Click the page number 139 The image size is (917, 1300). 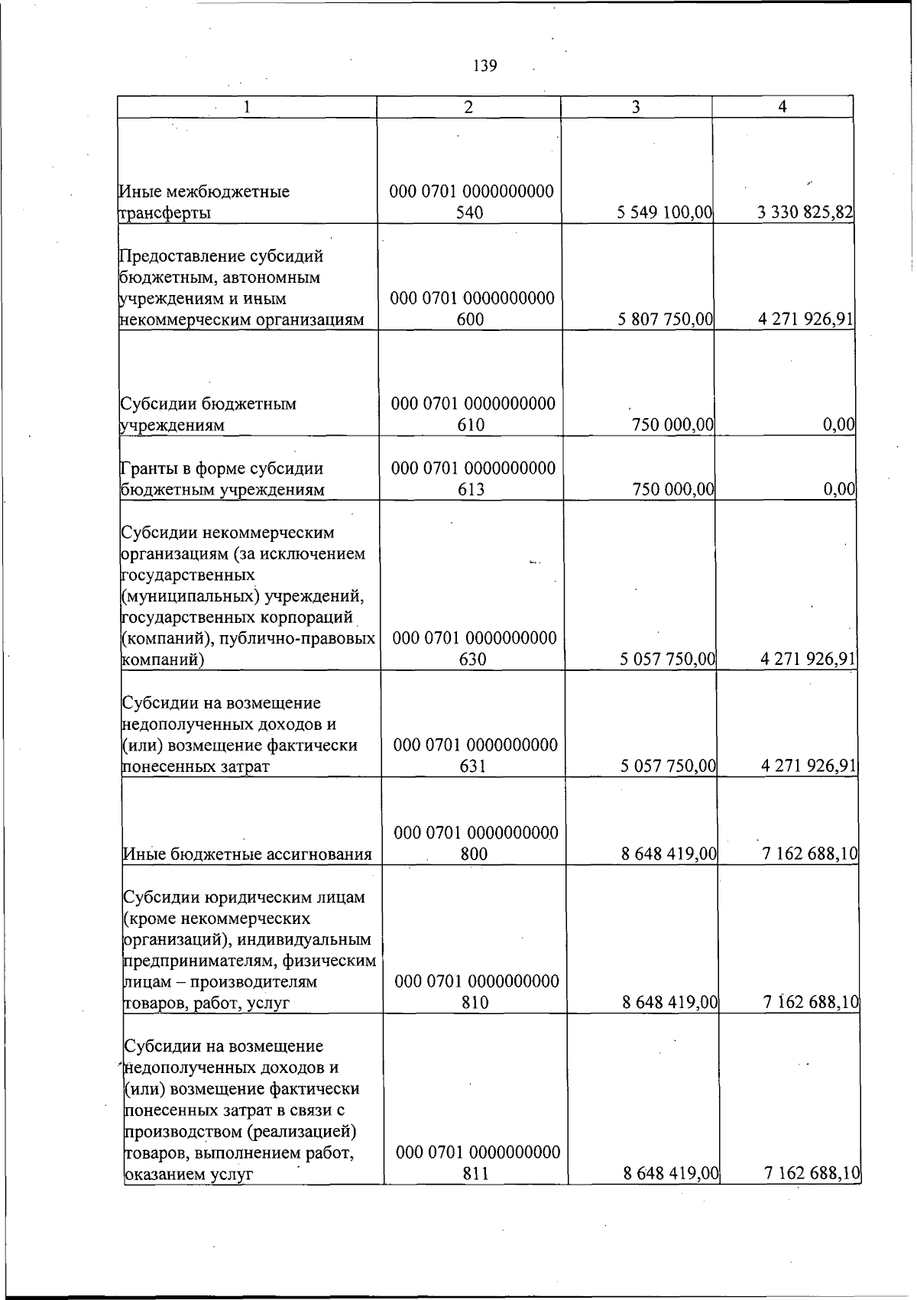coord(485,66)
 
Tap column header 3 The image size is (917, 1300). coord(636,108)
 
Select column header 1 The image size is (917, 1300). coord(246,108)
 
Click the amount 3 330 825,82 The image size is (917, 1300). coord(805,213)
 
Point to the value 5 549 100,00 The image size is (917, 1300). coord(664,213)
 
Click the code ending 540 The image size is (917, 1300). coord(469,213)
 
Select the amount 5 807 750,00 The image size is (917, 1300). coord(665,319)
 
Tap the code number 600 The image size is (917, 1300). coord(470,319)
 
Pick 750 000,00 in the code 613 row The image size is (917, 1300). coord(672,489)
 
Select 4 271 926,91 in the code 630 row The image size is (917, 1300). coord(808,659)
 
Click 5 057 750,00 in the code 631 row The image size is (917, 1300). coord(668,766)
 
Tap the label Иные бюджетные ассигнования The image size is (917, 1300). coord(247,854)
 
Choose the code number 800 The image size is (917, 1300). coord(475,854)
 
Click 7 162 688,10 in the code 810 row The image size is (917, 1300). coord(810,1003)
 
